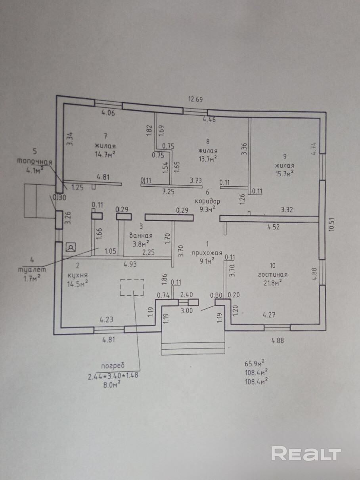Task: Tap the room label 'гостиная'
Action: click(x=272, y=275)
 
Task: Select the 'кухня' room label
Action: click(x=78, y=275)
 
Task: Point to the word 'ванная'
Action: click(x=141, y=236)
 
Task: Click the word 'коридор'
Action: click(x=207, y=201)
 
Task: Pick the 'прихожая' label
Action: click(x=207, y=253)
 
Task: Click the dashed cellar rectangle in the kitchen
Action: click(x=132, y=287)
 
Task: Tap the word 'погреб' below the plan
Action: click(x=113, y=365)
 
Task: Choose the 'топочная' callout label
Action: click(x=35, y=162)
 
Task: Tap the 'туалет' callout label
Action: click(x=32, y=270)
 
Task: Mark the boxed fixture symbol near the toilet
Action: click(x=71, y=248)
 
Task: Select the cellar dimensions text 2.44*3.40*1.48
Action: click(x=113, y=376)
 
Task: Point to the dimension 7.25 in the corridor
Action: click(x=169, y=192)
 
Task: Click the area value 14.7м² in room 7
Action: click(x=105, y=154)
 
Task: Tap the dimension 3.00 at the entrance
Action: click(x=187, y=310)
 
